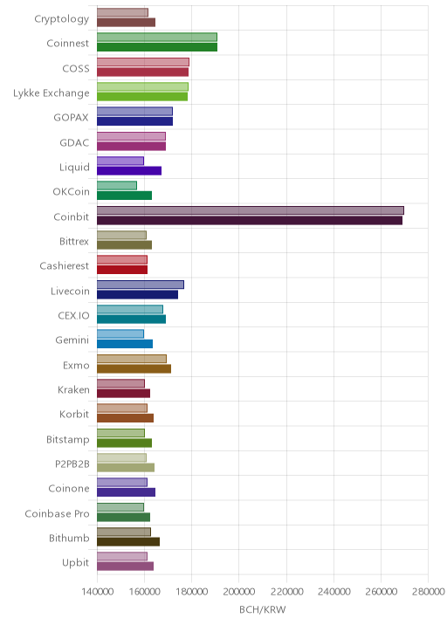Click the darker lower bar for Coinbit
(250, 221)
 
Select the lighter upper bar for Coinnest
(157, 37)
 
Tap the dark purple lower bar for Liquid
(129, 171)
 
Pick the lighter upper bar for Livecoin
(141, 285)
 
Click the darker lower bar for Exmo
(134, 368)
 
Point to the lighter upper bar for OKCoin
(117, 186)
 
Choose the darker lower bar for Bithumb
(128, 542)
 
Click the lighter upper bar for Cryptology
(122, 12)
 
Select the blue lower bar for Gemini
(125, 344)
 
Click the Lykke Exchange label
(51, 93)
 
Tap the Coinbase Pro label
(57, 514)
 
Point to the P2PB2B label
(72, 464)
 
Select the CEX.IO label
(73, 316)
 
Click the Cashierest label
(65, 266)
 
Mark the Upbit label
(75, 563)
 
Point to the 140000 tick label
(97, 591)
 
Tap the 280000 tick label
(428, 591)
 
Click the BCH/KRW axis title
(263, 610)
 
